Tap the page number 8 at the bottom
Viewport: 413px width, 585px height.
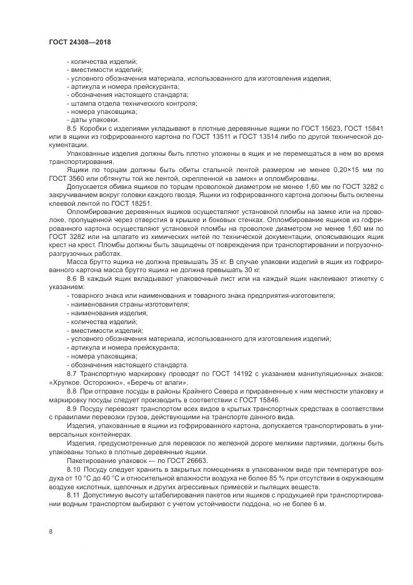point(51,532)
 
